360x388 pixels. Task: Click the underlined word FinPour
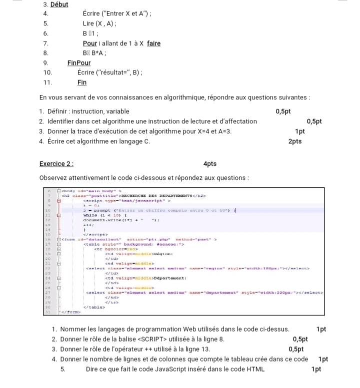[x=79, y=63]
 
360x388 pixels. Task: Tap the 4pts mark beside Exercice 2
[x=210, y=164]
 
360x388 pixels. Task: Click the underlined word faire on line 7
[x=153, y=43]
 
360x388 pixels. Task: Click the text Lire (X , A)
[x=100, y=23]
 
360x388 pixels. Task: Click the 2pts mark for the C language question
[x=295, y=141]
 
